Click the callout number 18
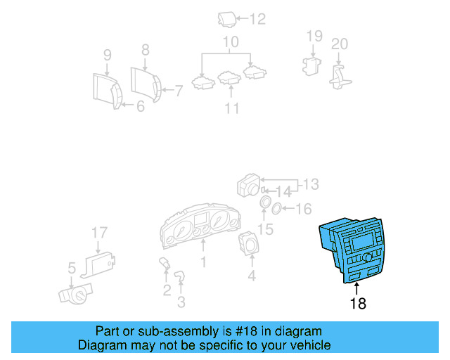click(x=358, y=304)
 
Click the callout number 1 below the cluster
click(x=204, y=262)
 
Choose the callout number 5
click(x=72, y=268)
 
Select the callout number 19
click(x=314, y=36)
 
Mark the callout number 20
click(x=340, y=44)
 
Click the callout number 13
click(x=310, y=185)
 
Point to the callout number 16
click(x=303, y=209)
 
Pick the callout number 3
click(x=181, y=302)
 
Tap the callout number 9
click(x=108, y=54)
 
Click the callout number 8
click(x=146, y=50)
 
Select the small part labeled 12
click(x=226, y=19)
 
